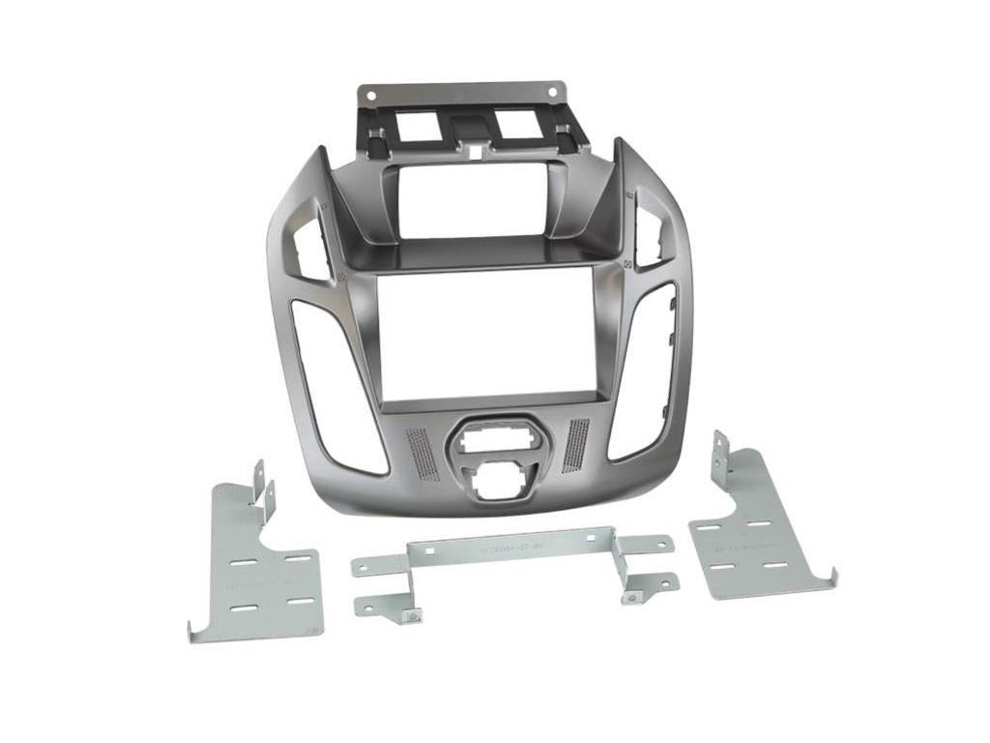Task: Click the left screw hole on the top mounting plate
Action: click(367, 94)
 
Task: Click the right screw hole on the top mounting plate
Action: click(553, 93)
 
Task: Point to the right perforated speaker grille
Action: click(574, 444)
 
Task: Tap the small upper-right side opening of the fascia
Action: click(650, 228)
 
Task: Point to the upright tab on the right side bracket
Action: click(720, 454)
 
